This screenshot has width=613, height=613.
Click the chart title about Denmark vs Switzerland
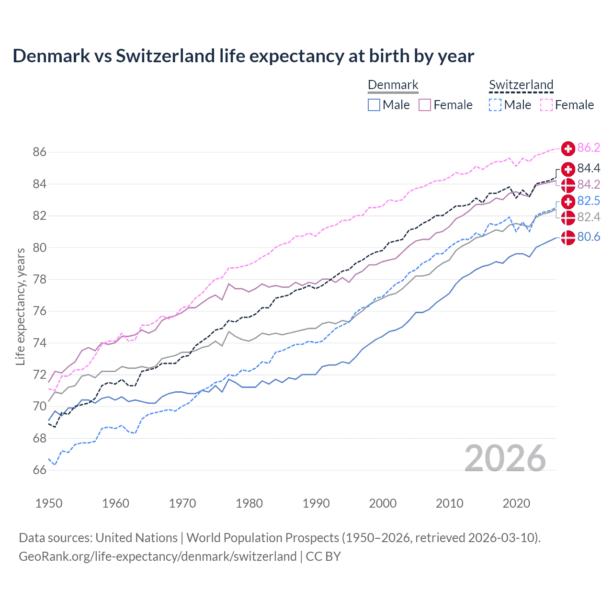(x=243, y=56)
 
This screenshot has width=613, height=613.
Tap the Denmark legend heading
(x=393, y=85)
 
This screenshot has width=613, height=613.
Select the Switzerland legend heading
(x=521, y=85)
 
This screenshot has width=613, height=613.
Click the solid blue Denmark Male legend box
(x=374, y=105)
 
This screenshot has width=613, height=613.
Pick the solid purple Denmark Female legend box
(x=425, y=105)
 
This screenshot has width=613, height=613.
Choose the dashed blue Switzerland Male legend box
(x=495, y=105)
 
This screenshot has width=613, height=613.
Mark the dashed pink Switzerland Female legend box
(x=546, y=105)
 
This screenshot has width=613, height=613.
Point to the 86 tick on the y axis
(x=40, y=152)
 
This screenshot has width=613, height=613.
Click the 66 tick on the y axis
(x=40, y=470)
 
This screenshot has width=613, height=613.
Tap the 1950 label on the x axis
(x=49, y=503)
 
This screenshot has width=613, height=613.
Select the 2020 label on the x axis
(x=516, y=503)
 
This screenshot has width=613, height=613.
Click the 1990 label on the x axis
(x=316, y=503)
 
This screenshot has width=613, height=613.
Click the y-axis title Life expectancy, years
(x=21, y=306)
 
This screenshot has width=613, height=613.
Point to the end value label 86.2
(x=589, y=148)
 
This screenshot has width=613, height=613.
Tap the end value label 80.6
(x=589, y=237)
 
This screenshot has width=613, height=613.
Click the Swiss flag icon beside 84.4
(x=568, y=169)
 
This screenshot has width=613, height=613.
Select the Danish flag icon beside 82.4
(x=568, y=217)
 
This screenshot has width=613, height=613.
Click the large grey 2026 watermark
(x=505, y=458)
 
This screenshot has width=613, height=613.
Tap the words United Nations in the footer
(x=136, y=538)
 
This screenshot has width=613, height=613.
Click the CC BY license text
(x=323, y=556)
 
